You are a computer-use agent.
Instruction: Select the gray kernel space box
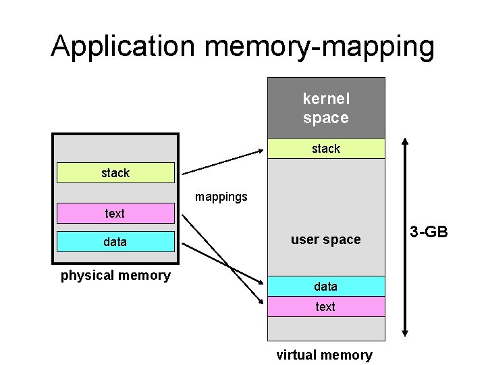pyautogui.click(x=326, y=108)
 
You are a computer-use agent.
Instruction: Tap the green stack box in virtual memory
pyautogui.click(x=326, y=149)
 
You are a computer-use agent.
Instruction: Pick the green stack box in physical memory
pyautogui.click(x=115, y=173)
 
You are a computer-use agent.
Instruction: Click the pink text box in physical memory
pyautogui.click(x=115, y=214)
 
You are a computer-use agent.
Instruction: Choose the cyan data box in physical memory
pyautogui.click(x=115, y=241)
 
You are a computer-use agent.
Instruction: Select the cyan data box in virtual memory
pyautogui.click(x=326, y=287)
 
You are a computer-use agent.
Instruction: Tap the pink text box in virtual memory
pyautogui.click(x=326, y=307)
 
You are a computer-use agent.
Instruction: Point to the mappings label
pyautogui.click(x=221, y=197)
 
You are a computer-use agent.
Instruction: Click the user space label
pyautogui.click(x=325, y=239)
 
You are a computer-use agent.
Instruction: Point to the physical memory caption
pyautogui.click(x=115, y=275)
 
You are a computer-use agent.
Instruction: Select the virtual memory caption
pyautogui.click(x=324, y=355)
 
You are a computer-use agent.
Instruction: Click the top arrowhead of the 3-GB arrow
pyautogui.click(x=405, y=143)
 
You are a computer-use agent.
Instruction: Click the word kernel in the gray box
pyautogui.click(x=326, y=99)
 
